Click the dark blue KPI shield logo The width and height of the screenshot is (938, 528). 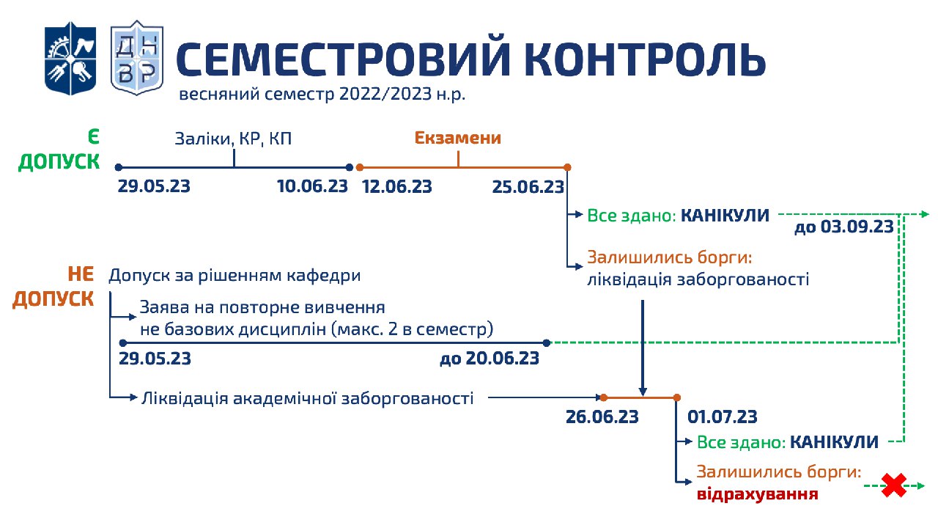tap(70, 58)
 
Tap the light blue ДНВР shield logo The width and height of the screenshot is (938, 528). tap(137, 57)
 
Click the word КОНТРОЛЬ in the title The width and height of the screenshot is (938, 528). tap(645, 59)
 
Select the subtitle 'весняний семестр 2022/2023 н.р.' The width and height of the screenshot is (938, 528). tap(322, 94)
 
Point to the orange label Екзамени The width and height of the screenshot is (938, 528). tap(458, 138)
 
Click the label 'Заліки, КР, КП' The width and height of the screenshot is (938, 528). tap(233, 139)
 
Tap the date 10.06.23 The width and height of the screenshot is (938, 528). tap(312, 186)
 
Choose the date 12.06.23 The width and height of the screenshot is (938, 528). tap(396, 186)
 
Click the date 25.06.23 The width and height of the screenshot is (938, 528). tap(528, 187)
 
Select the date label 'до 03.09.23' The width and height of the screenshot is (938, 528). tap(844, 227)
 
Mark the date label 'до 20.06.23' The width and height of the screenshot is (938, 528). tap(490, 359)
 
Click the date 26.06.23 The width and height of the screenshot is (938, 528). tap(602, 417)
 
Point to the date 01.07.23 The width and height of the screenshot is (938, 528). tap(723, 417)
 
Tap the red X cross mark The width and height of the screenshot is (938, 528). tap(894, 485)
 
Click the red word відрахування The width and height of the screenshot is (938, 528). tap(758, 494)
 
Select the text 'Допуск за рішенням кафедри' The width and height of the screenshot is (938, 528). tap(235, 276)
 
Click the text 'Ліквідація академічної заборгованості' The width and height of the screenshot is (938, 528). tap(308, 398)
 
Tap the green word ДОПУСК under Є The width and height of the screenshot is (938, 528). tap(59, 162)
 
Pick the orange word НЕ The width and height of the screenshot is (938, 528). tap(81, 274)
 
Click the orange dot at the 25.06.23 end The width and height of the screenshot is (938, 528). tap(567, 167)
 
